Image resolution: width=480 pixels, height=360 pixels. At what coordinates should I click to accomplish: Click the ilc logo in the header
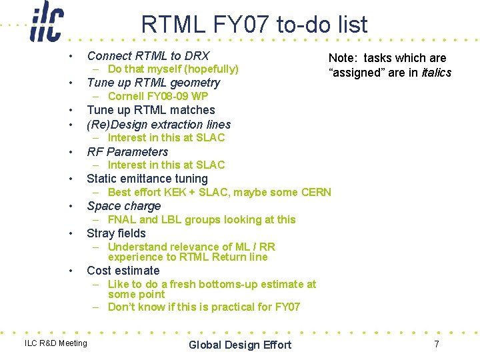tap(46, 23)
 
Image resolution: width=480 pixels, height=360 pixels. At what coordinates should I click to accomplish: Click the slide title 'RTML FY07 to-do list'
tap(254, 25)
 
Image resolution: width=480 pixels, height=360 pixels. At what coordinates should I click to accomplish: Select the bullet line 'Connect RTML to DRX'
tap(148, 56)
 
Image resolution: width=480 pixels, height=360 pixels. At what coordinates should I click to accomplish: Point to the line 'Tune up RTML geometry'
tap(153, 83)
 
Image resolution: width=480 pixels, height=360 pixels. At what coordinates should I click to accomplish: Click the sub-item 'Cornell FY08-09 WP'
tap(158, 96)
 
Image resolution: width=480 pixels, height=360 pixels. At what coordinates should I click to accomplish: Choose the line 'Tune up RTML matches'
tap(151, 110)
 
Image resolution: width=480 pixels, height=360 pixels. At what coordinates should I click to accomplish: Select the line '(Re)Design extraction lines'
tap(159, 125)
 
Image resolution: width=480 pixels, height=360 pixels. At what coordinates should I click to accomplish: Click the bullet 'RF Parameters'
tap(127, 152)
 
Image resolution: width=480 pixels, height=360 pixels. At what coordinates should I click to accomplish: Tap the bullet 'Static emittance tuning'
tap(147, 179)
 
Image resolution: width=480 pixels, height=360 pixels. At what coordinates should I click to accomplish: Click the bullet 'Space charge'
tap(124, 206)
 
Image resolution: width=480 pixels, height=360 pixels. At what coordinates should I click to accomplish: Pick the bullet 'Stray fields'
tap(116, 233)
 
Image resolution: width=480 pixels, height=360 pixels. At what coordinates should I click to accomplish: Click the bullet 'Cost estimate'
tap(123, 271)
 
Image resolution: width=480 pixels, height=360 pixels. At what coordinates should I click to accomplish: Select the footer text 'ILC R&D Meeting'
tap(55, 343)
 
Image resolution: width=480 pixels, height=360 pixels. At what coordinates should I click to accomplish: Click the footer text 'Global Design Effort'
tap(240, 345)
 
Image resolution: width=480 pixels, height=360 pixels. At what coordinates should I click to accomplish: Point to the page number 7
tap(437, 344)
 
